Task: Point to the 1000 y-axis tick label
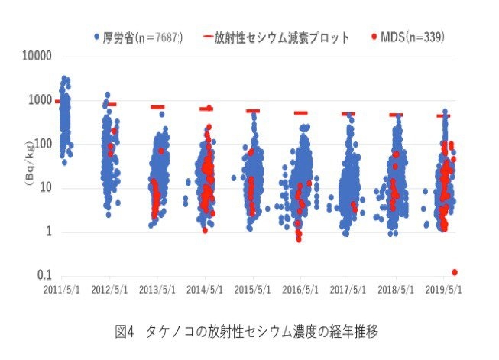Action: click(x=40, y=100)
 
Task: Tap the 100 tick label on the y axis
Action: click(x=42, y=144)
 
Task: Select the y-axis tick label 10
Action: click(x=45, y=188)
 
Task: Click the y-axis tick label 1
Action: click(x=47, y=232)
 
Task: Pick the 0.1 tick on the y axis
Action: click(x=44, y=275)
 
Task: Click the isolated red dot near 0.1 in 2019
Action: click(x=455, y=272)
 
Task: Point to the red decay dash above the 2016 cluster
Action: click(x=300, y=113)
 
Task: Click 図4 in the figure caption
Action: click(x=124, y=332)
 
